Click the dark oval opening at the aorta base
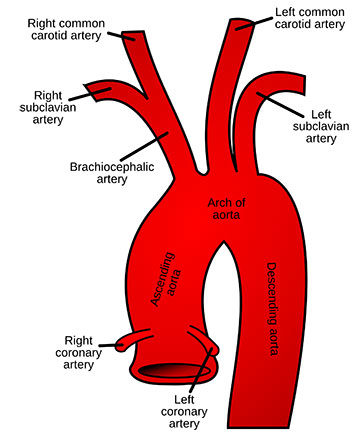coord(177,372)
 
